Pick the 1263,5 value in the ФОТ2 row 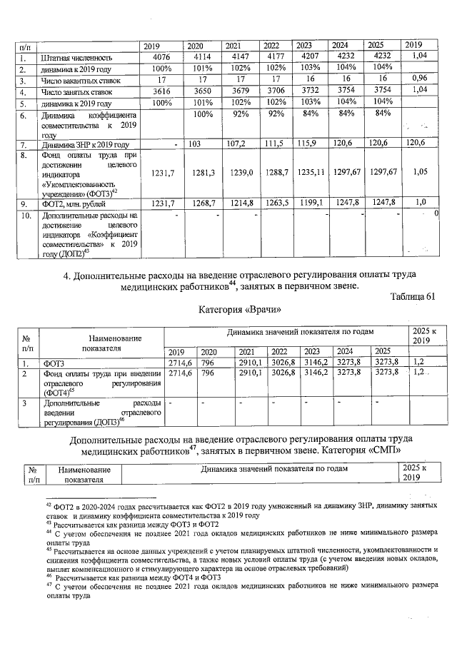[x=274, y=203]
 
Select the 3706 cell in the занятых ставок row [x=274, y=92]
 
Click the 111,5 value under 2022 [x=274, y=144]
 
